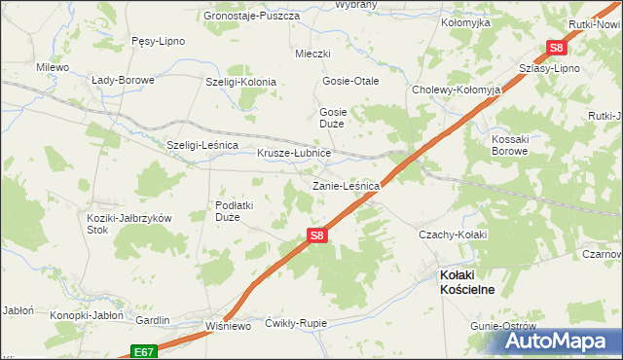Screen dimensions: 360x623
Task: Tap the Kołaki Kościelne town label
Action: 467,282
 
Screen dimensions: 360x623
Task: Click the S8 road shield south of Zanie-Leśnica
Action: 316,234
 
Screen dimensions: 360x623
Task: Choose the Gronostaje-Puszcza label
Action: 247,16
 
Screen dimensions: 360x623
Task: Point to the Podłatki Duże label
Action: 234,211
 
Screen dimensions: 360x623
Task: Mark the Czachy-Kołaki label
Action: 451,234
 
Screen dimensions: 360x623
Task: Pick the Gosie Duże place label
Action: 334,118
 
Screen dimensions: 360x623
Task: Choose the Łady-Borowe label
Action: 123,80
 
